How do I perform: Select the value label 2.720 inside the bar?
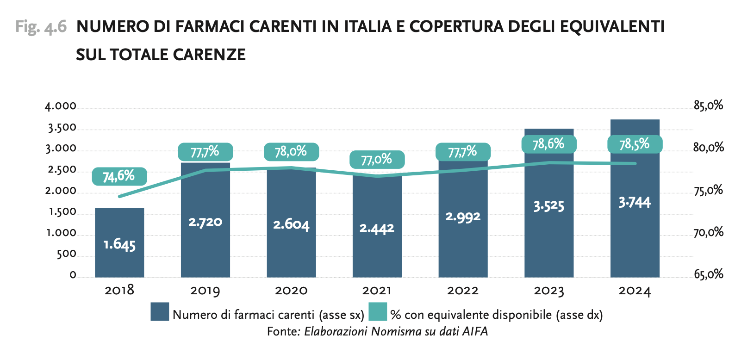click(205, 222)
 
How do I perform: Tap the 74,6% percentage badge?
click(119, 176)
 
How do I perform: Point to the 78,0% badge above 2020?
click(291, 152)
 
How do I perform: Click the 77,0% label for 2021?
click(377, 160)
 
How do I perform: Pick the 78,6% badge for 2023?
click(548, 144)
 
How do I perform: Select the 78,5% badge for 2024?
click(635, 144)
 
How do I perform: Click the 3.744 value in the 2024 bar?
click(635, 202)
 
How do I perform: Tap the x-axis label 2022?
click(463, 291)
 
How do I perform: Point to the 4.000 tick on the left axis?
click(61, 106)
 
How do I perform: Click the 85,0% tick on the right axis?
click(708, 106)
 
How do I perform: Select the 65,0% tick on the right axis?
click(708, 274)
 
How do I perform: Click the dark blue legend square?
click(160, 312)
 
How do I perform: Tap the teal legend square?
click(378, 312)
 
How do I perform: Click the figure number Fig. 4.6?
click(41, 26)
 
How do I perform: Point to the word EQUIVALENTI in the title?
click(612, 26)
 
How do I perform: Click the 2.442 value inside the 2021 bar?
click(377, 228)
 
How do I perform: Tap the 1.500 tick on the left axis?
click(62, 212)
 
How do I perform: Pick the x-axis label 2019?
click(205, 291)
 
